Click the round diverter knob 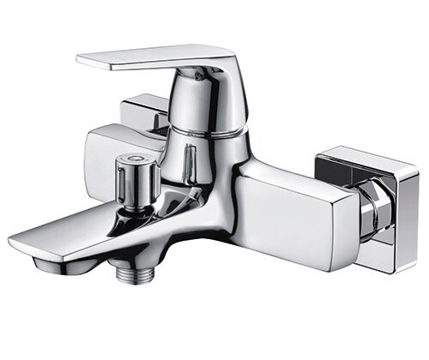pos(135,176)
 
